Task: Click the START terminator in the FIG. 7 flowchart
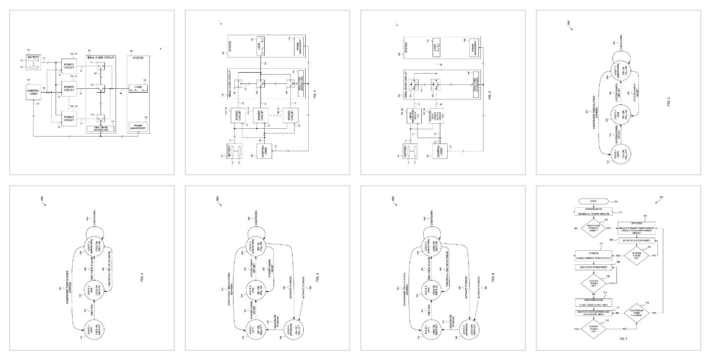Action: [x=593, y=201]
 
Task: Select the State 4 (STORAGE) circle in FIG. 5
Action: [x=295, y=324]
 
